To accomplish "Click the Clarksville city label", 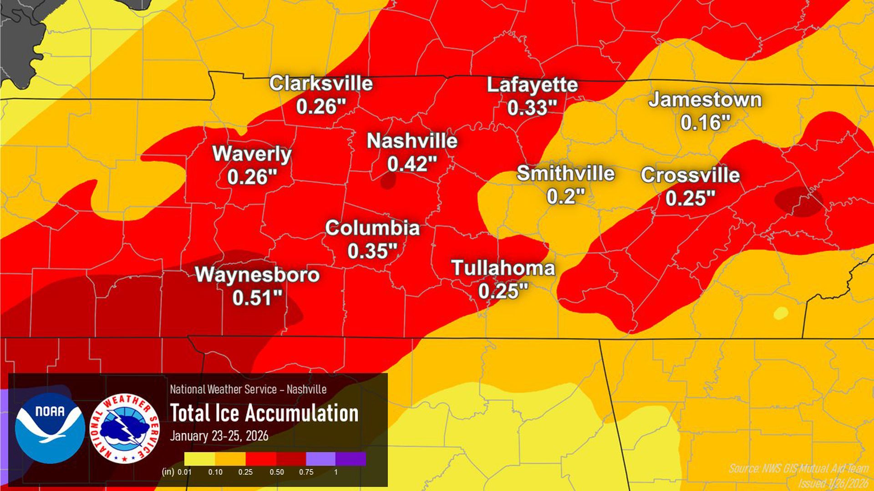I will coord(321,84).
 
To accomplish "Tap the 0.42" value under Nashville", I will coord(412,164).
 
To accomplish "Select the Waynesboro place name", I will coord(257,275).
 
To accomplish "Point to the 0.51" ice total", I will coord(257,298).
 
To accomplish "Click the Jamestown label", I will coord(705,100).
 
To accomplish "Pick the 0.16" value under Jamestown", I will coord(705,123).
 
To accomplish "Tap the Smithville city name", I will coord(565,173).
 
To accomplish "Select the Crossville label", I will coord(690,175).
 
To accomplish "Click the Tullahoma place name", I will coord(503,268).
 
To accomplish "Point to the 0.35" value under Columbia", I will coord(372,251).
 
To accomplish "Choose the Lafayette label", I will coord(532,85).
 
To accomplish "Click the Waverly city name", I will coord(252,154).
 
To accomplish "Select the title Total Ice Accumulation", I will coord(264,413).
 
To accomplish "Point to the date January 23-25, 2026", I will coord(219,436).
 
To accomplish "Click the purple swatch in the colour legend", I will coord(351,458).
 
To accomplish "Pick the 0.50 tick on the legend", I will coord(277,472).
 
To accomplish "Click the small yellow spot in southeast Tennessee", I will coord(781,313).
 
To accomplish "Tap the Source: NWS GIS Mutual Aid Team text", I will coord(798,468).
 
